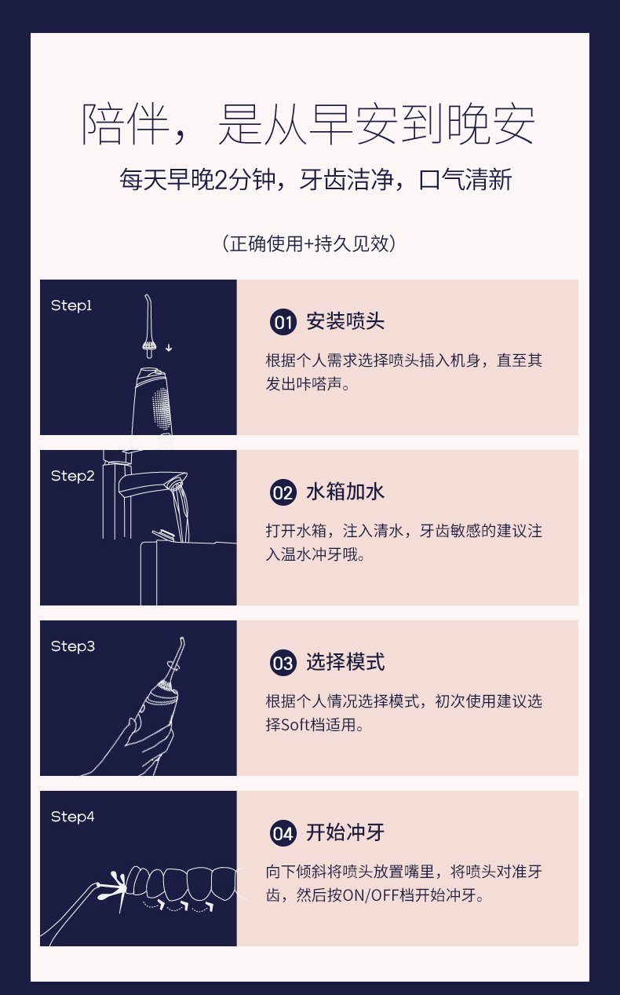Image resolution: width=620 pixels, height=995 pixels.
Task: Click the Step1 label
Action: [x=71, y=305]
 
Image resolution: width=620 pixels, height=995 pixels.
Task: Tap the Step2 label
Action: [x=73, y=476]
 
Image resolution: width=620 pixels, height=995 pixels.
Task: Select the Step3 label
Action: [x=73, y=646]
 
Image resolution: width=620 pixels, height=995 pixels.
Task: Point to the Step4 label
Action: [x=73, y=817]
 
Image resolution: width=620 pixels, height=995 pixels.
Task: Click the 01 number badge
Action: [x=283, y=322]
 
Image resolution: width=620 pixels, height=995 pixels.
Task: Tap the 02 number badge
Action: [x=283, y=492]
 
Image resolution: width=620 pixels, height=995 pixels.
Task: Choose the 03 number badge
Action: [x=283, y=663]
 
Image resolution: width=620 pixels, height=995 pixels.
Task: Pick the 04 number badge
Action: [x=283, y=833]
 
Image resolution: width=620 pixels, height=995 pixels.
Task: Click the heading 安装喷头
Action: [x=345, y=321]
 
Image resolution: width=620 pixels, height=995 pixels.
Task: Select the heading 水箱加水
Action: [x=345, y=492]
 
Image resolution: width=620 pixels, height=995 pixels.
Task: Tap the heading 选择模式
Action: [x=345, y=662]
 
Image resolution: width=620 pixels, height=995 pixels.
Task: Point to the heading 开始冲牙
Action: [x=345, y=833]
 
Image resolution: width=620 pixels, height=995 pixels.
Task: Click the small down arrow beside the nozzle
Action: [x=169, y=348]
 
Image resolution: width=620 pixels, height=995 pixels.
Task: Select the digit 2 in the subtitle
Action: [x=221, y=180]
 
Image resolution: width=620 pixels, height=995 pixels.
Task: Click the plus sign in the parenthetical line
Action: [x=308, y=244]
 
